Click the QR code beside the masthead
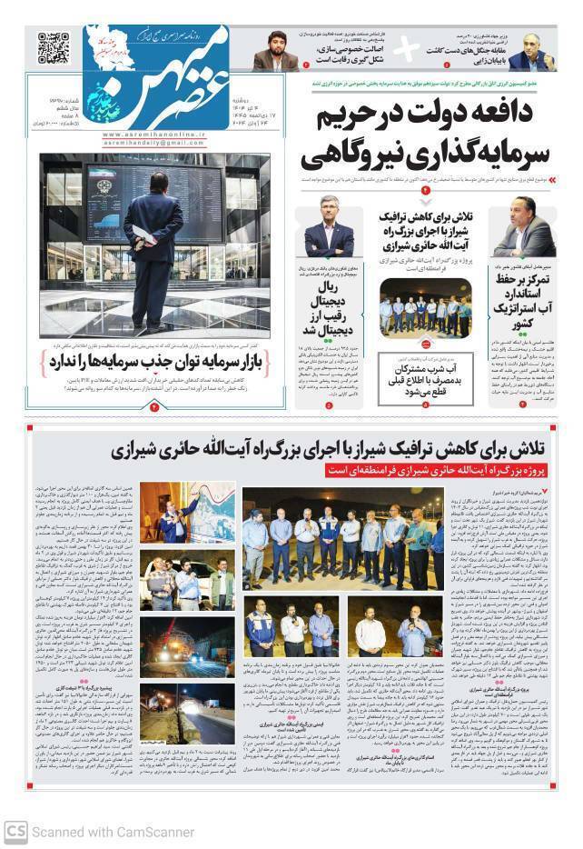(54, 47)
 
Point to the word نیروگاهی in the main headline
(355, 157)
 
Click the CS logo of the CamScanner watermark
(15, 831)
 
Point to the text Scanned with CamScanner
(113, 832)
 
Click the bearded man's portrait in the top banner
(276, 51)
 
